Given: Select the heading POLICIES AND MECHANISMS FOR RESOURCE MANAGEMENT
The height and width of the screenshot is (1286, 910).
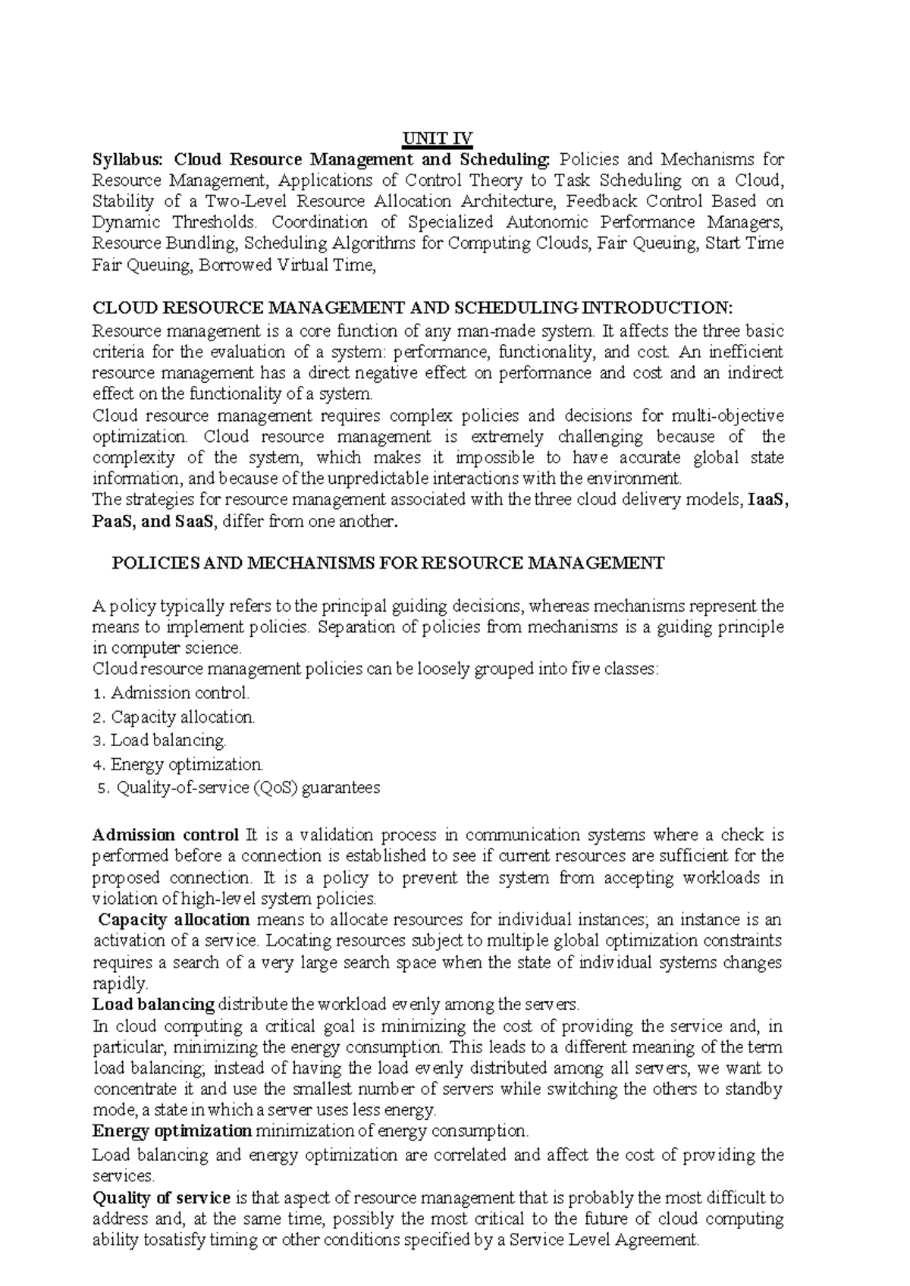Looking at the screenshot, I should tap(388, 563).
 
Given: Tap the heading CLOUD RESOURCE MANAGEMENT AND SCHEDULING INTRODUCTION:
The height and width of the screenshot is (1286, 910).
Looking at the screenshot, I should tap(413, 308).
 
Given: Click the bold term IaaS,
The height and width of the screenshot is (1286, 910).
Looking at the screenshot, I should tap(767, 500).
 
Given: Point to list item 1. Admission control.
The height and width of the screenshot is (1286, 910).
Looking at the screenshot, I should tap(169, 692).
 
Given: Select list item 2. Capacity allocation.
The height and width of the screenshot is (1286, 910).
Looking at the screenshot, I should tap(173, 717).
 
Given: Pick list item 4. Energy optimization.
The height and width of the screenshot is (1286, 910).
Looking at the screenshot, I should tap(177, 764).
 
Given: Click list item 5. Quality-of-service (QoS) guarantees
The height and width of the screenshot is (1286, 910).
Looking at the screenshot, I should tap(240, 788).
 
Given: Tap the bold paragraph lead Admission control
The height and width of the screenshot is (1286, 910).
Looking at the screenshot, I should tap(165, 835).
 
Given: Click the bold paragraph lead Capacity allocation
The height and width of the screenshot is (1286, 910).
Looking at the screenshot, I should tap(174, 920).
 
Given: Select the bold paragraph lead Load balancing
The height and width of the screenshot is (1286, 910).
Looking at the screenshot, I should tap(153, 1005).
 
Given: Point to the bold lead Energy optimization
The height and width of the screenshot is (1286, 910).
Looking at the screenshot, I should tap(171, 1131).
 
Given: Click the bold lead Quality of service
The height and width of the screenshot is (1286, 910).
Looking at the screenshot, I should tap(161, 1198).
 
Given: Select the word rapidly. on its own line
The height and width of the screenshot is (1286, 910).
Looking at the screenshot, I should tap(119, 983).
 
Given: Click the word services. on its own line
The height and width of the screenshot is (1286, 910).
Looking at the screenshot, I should tap(123, 1176).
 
